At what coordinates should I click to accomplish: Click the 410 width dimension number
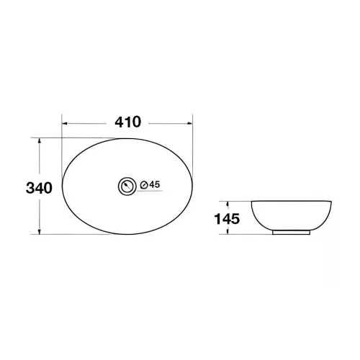tap(127, 122)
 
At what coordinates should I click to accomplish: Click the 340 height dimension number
tap(39, 188)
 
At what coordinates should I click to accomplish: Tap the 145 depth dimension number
tap(227, 219)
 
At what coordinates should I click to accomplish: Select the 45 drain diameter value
tap(155, 184)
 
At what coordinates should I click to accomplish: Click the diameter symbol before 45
tap(144, 185)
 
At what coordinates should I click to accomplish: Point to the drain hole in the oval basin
tap(127, 186)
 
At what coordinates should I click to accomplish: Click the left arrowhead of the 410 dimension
tap(65, 123)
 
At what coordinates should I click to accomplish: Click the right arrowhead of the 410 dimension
tap(190, 123)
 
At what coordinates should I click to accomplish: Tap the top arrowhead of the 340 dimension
tap(40, 140)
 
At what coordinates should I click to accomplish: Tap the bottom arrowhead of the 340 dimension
tap(40, 231)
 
